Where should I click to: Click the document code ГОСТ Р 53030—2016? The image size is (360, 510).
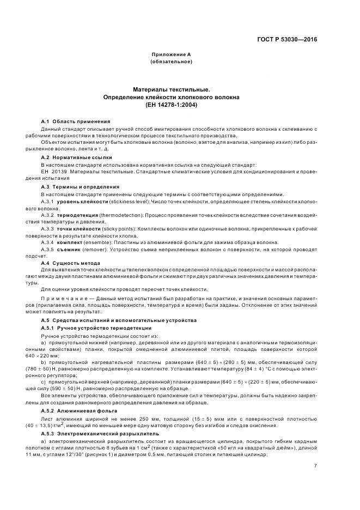point(291,39)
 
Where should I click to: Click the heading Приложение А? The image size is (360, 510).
point(170,56)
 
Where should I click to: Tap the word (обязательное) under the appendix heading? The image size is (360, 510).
point(170,63)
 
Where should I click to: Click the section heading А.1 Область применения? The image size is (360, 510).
point(76,120)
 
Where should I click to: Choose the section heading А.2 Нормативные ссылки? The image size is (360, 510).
point(75,156)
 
